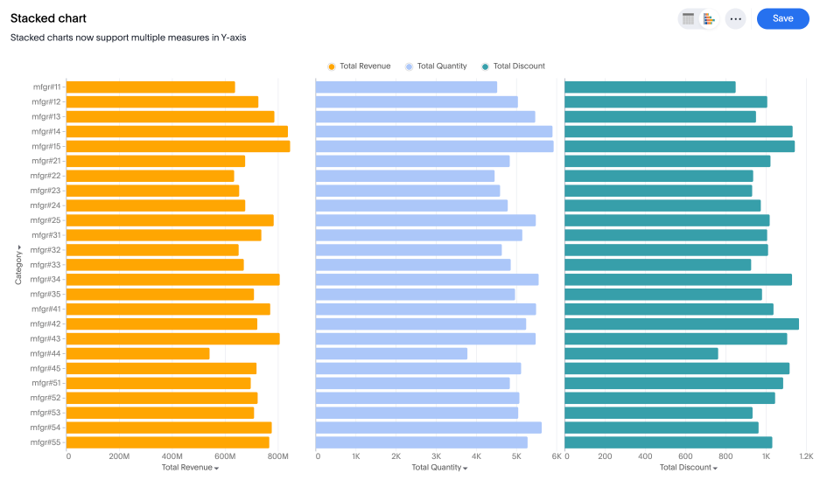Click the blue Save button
(x=782, y=18)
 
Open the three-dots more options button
(x=735, y=18)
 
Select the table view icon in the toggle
(x=689, y=18)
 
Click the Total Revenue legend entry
(x=359, y=66)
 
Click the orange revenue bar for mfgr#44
(x=137, y=353)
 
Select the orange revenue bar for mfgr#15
(x=178, y=146)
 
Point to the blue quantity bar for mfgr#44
(x=391, y=353)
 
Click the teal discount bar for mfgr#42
(x=681, y=323)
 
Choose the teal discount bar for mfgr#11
(x=649, y=87)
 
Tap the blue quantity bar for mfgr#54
(x=428, y=428)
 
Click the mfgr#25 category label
(x=46, y=220)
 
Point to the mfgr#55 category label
(x=46, y=442)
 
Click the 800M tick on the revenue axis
(x=277, y=456)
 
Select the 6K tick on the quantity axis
(x=556, y=456)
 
